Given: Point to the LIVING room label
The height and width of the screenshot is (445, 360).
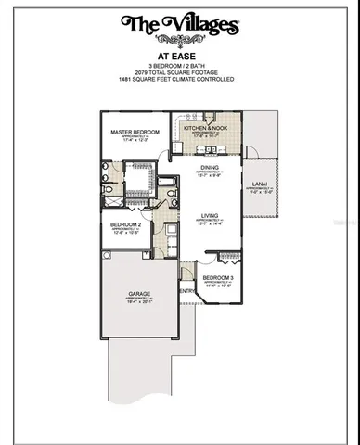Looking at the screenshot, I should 209,216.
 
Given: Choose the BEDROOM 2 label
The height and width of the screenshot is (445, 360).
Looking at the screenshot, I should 125,225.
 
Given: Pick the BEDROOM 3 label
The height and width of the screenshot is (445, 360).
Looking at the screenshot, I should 217,278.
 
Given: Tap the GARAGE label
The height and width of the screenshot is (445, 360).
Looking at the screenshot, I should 139,293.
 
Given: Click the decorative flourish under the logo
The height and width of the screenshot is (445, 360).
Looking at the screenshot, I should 180,40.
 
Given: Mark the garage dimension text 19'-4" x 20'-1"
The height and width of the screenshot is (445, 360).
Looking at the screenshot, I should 139,301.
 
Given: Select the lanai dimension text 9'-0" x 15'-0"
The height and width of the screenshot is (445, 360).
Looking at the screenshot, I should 260,193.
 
